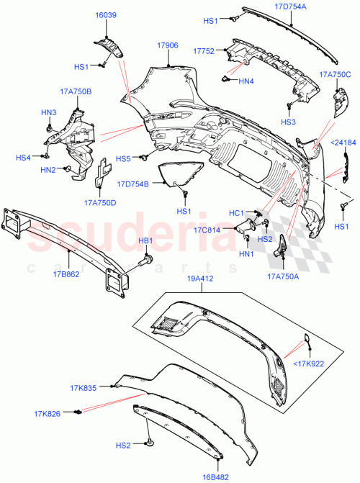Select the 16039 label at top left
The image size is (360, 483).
tap(106, 14)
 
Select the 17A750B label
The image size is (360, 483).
tap(75, 91)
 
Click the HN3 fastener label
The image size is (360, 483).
tap(48, 112)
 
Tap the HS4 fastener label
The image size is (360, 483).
tap(24, 157)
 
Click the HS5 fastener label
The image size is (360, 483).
tap(124, 158)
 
